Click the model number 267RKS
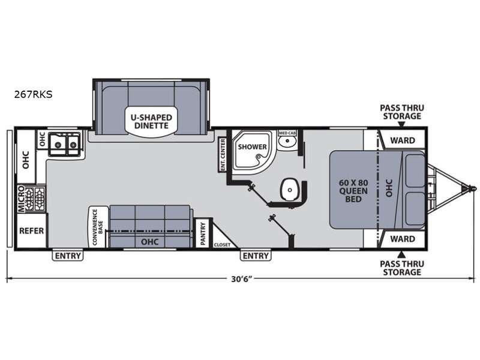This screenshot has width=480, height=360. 33,94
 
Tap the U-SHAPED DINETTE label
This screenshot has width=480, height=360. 151,122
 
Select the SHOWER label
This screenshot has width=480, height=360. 252,146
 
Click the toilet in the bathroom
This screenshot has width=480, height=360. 289,190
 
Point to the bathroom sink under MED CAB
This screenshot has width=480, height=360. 287,142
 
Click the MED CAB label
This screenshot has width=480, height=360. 287,133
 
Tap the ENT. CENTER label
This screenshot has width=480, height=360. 223,155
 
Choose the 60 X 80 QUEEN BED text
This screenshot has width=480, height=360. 353,191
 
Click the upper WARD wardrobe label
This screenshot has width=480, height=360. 403,140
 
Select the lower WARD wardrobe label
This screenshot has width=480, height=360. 403,239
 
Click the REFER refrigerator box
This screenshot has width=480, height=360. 32,230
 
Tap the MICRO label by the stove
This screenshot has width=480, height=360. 21,199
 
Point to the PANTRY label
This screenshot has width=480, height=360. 203,233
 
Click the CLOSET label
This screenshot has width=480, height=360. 222,245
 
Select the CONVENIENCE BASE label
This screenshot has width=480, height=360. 97,227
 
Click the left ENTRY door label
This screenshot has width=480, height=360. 68,256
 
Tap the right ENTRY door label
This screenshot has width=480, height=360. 256,256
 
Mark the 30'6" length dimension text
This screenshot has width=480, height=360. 242,279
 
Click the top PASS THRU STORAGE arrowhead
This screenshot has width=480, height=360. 401,124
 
